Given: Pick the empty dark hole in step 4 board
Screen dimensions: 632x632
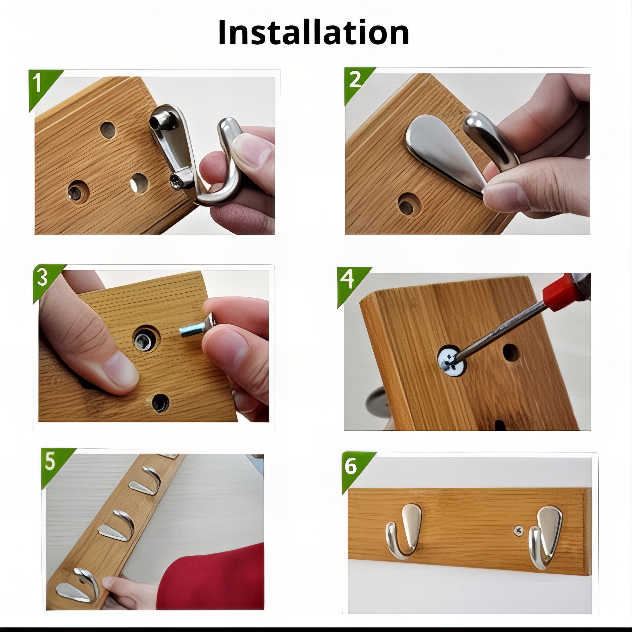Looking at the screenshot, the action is (511, 352).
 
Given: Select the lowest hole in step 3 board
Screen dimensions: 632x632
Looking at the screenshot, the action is (160, 402).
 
